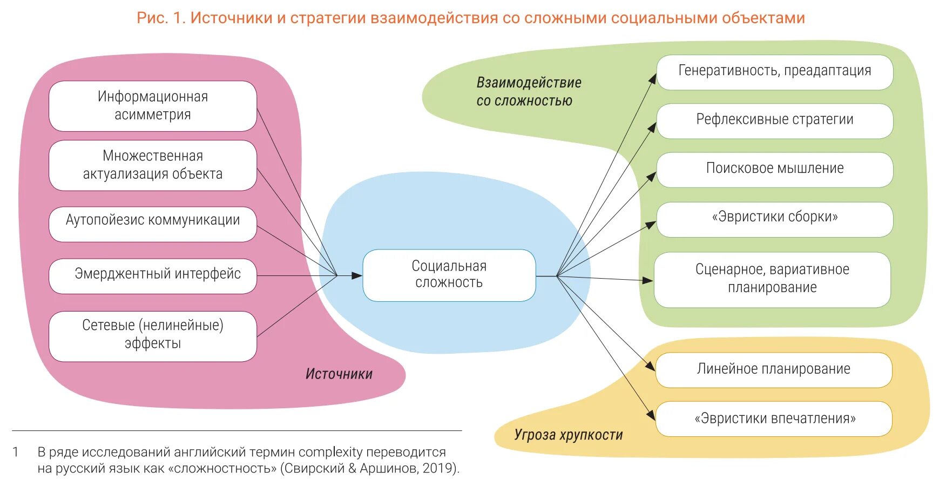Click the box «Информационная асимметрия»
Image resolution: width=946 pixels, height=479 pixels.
click(153, 106)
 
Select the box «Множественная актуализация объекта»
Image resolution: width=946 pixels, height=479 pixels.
click(153, 165)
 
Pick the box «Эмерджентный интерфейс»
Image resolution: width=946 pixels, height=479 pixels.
click(153, 276)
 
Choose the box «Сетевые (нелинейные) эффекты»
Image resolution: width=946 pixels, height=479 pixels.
click(153, 336)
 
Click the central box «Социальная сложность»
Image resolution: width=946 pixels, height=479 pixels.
click(449, 275)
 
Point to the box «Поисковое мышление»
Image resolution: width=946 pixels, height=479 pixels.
click(774, 170)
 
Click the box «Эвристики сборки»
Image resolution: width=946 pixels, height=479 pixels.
click(774, 219)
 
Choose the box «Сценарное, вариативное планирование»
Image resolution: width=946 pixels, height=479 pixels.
click(772, 279)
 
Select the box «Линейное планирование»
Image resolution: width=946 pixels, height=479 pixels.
click(773, 370)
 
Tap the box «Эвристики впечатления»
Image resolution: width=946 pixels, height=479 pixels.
click(773, 419)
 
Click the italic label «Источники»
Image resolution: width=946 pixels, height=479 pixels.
click(339, 374)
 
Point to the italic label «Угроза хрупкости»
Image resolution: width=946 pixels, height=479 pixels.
click(568, 435)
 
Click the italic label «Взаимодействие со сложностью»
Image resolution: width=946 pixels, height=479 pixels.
click(528, 92)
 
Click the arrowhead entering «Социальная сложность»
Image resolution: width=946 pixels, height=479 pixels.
click(357, 275)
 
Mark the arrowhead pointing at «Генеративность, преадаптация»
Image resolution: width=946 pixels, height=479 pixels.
click(653, 79)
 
